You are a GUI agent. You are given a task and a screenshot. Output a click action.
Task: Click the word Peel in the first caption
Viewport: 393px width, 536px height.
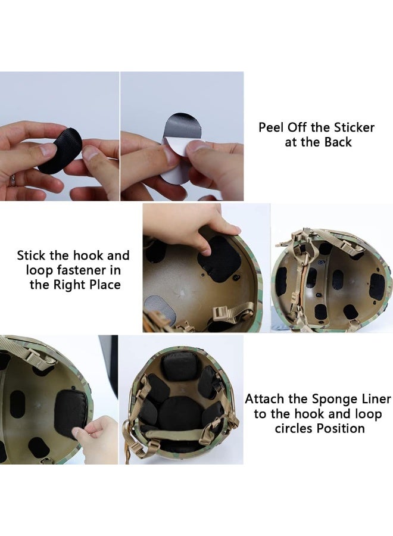click(271, 127)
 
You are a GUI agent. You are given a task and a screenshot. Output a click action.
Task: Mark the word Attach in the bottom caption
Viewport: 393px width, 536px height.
click(265, 399)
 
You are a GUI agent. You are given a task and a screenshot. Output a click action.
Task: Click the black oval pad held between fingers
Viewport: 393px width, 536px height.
click(60, 152)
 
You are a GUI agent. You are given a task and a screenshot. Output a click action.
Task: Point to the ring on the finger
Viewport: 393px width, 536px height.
click(12, 179)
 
